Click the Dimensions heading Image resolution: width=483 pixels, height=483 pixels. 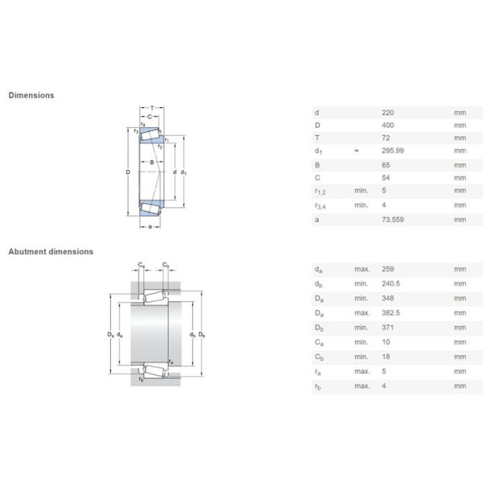(31, 95)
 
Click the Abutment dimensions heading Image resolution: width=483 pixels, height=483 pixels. (51, 251)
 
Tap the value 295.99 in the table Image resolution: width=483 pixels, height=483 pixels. (393, 151)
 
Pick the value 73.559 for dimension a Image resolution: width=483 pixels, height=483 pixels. (393, 218)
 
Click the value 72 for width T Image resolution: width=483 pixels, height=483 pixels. (386, 138)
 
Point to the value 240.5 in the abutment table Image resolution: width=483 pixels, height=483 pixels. (391, 283)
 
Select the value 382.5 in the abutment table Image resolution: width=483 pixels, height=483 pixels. (391, 312)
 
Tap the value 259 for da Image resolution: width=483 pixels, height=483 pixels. (388, 269)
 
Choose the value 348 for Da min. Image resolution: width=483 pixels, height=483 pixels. (388, 298)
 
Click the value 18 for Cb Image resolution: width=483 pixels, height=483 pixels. (386, 357)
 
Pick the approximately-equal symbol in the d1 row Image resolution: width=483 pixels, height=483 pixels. (356, 151)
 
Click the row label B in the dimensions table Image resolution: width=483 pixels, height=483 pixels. (317, 165)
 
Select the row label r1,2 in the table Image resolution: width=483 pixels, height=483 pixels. (320, 192)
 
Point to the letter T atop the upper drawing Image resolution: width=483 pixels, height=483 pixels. (151, 108)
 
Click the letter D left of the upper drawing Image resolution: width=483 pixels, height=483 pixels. (127, 171)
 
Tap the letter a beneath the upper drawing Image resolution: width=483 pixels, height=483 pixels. (151, 226)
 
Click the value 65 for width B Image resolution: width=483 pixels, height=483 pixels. (386, 165)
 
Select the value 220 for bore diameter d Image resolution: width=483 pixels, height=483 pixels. (388, 112)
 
